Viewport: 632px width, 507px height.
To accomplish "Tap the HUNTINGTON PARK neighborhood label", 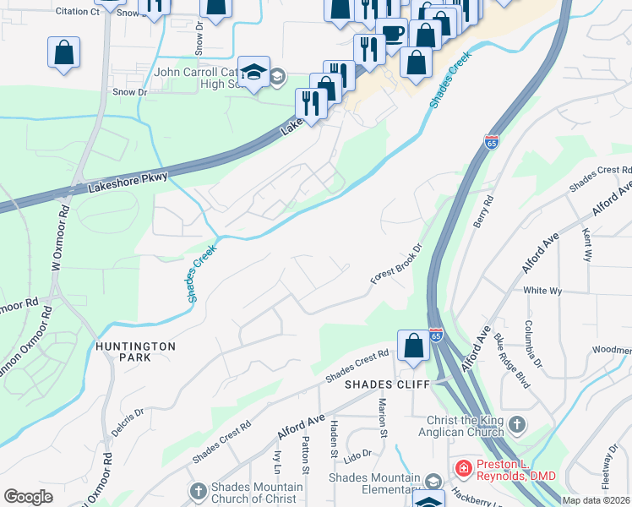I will click(135, 352).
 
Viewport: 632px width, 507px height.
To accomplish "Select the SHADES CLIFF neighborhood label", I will click(388, 384).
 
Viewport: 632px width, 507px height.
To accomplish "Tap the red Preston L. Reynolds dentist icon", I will click(464, 468).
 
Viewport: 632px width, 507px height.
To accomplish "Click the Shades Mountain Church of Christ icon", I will click(198, 492).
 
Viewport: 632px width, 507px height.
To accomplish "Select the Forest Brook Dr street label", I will click(396, 265).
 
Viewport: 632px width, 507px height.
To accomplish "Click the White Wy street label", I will click(542, 290).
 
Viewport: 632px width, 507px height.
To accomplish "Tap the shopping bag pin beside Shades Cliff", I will click(413, 345).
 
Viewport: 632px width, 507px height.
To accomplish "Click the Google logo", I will click(28, 497).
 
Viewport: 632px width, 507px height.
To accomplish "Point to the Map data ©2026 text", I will click(597, 500).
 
